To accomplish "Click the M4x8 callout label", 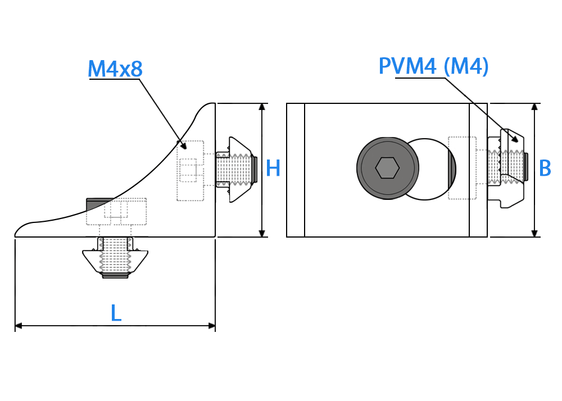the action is (x=115, y=69).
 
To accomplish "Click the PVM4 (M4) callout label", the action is (x=434, y=66).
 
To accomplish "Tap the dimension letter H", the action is (x=273, y=168).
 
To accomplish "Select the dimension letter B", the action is (x=545, y=168).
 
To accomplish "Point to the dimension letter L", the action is (x=116, y=313).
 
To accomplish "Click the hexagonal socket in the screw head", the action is (x=387, y=167).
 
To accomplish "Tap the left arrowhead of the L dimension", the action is (x=19, y=326).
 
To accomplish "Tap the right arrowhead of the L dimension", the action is (x=211, y=326).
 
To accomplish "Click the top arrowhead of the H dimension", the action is (x=262, y=107).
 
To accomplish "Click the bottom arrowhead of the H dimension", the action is (x=262, y=233).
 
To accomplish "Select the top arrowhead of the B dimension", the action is (x=534, y=107).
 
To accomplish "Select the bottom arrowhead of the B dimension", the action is (x=534, y=233).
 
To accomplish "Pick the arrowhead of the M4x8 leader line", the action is (x=184, y=145).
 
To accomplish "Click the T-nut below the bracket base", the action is (x=115, y=258).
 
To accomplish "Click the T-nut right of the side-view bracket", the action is (x=236, y=170).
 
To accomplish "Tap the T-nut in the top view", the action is (x=507, y=168).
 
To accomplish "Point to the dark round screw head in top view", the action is (x=387, y=168).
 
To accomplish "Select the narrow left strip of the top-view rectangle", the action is (x=296, y=170).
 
